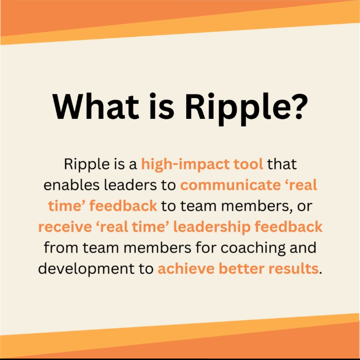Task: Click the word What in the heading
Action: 96,106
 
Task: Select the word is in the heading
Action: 162,106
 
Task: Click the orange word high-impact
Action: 185,164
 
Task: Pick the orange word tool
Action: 248,164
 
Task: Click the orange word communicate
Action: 230,185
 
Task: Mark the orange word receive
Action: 65,227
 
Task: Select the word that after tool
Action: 282,164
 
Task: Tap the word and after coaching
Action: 303,247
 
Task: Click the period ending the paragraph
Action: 321,273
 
